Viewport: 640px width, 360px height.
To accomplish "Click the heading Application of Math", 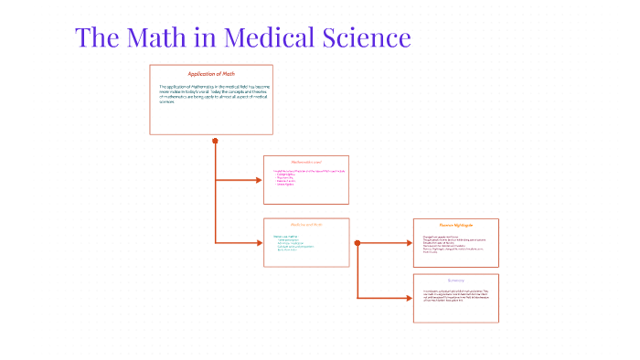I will (x=211, y=74).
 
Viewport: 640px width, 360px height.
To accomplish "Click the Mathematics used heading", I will (x=306, y=162).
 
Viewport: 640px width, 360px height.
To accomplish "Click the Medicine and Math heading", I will (x=306, y=225).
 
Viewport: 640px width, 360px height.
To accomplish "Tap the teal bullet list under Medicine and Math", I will (x=293, y=244).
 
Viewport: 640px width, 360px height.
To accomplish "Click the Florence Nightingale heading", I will (x=455, y=224).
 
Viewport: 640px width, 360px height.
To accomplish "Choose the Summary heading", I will (x=455, y=280).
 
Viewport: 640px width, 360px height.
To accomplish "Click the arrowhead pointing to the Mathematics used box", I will (x=259, y=179).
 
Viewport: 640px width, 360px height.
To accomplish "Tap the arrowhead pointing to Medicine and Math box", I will (x=259, y=242).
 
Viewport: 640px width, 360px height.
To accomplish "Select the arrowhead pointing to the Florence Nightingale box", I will (x=409, y=243).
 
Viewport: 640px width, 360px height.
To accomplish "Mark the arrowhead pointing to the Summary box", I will (x=409, y=298).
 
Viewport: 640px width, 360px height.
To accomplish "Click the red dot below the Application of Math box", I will (x=215, y=141).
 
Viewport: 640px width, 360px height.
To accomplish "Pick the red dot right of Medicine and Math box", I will (x=357, y=243).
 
